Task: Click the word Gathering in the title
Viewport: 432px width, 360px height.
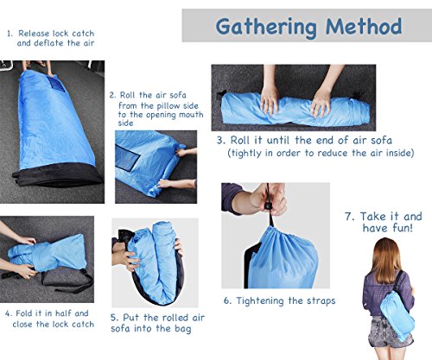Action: pos(266,28)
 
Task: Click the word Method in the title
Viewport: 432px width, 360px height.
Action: pos(364,27)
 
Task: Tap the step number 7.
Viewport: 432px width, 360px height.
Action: pos(349,217)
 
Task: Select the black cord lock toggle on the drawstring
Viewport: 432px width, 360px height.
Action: pos(268,206)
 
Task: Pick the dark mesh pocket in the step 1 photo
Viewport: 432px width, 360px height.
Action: pos(59,85)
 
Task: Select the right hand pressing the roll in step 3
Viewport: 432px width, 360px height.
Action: pos(321,102)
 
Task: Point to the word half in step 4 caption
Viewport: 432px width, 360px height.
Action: pos(63,313)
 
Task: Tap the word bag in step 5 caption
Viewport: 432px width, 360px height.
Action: pos(182,329)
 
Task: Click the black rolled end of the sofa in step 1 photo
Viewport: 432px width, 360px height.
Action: pos(58,175)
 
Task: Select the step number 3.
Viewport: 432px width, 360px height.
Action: pos(220,141)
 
